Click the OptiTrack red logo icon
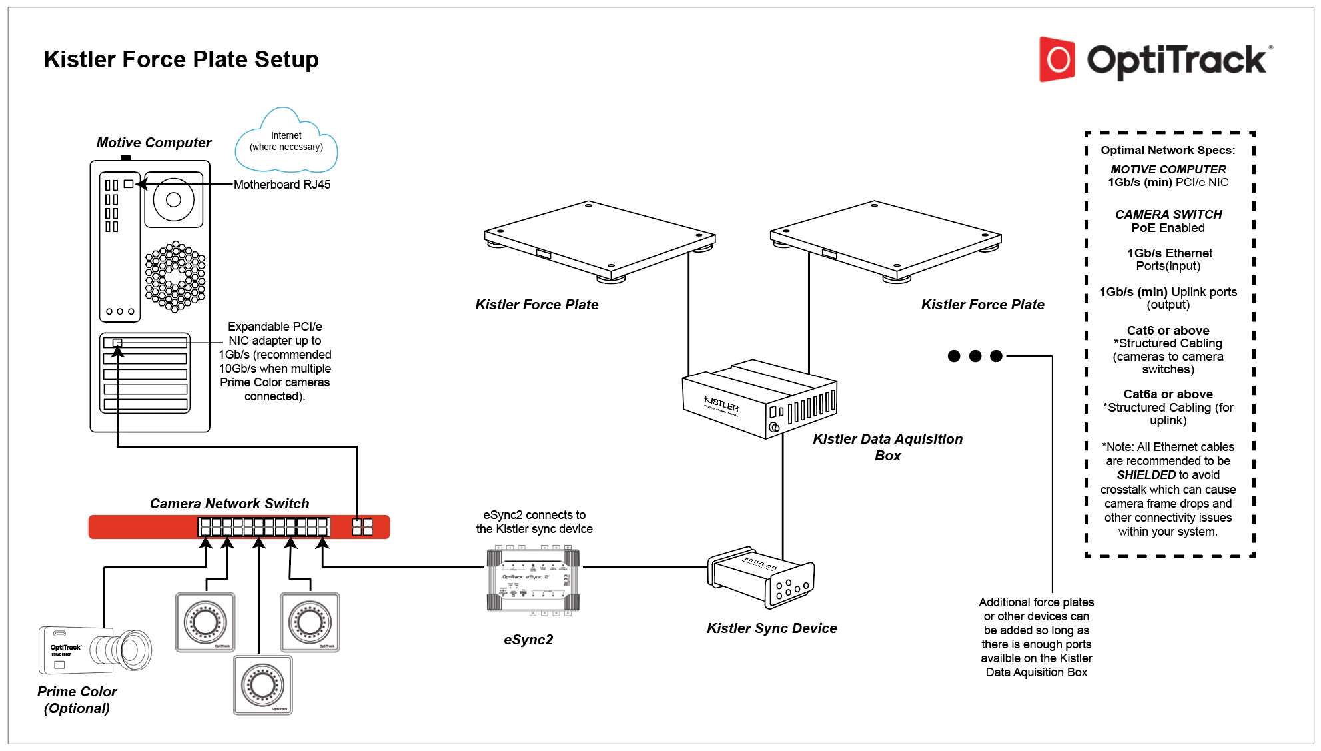[x=1057, y=59]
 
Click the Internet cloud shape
[x=286, y=142]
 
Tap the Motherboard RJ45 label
[x=282, y=185]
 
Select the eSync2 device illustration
[x=533, y=579]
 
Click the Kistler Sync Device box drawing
[x=761, y=576]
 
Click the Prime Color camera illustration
[x=95, y=650]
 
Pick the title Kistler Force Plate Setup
[x=181, y=59]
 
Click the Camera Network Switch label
[x=229, y=504]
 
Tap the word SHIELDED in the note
[x=1146, y=475]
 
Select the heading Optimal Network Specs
[x=1168, y=151]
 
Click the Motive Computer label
[x=153, y=143]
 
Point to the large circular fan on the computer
[x=173, y=199]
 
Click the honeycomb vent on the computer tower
[x=175, y=276]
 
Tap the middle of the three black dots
[x=975, y=356]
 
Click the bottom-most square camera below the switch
[x=263, y=685]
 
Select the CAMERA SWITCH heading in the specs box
[x=1168, y=215]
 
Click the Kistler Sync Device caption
[x=771, y=628]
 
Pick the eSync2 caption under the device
[x=528, y=640]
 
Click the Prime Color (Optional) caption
[x=77, y=700]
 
